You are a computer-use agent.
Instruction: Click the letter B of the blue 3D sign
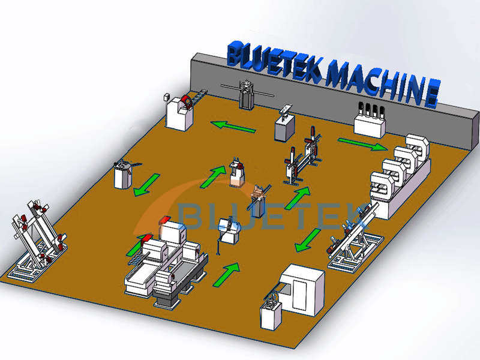(x=235, y=53)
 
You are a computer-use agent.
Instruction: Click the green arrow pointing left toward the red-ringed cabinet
(x=233, y=127)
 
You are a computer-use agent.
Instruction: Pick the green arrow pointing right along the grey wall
(x=362, y=144)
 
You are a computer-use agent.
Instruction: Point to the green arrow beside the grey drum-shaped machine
(x=146, y=184)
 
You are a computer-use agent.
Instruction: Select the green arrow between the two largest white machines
(x=226, y=274)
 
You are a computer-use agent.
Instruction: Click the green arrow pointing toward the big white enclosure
(x=307, y=240)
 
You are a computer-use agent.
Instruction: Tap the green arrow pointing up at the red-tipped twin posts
(x=298, y=197)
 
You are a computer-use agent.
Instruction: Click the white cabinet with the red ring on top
(x=180, y=112)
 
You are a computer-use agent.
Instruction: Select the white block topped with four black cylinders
(x=368, y=122)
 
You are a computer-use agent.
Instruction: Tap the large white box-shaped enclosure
(x=302, y=287)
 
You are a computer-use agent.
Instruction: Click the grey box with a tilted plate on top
(x=284, y=125)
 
